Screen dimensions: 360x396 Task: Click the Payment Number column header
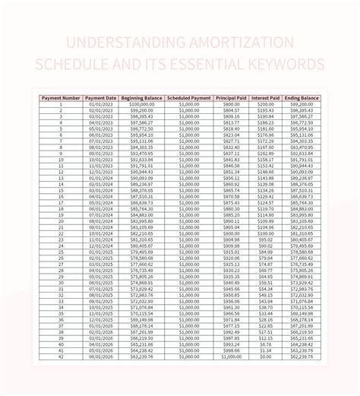point(60,98)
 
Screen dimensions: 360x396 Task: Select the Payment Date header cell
point(101,98)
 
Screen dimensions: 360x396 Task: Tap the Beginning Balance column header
point(142,98)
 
